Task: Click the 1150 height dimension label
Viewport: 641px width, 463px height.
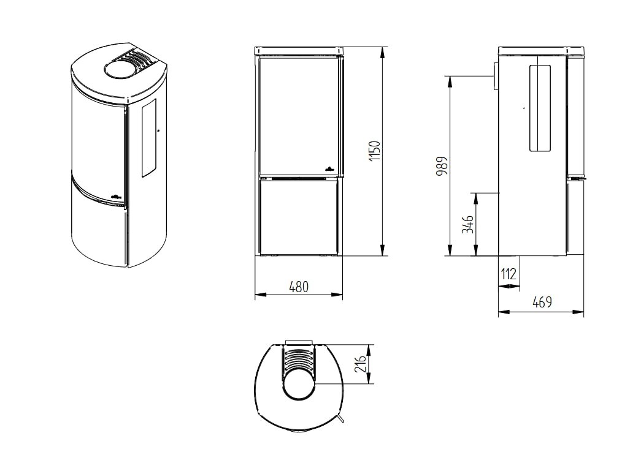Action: (375, 151)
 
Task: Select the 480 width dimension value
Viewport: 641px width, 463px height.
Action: (299, 287)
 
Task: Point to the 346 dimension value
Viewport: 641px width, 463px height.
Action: (467, 224)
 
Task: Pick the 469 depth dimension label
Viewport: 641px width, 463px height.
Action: (542, 302)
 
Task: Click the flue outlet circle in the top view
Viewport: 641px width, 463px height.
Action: (299, 383)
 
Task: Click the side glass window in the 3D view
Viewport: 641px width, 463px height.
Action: (149, 141)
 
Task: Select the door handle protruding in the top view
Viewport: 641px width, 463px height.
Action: (339, 418)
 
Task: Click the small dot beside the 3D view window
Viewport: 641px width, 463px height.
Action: (158, 130)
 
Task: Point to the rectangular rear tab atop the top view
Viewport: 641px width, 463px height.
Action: (299, 341)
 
